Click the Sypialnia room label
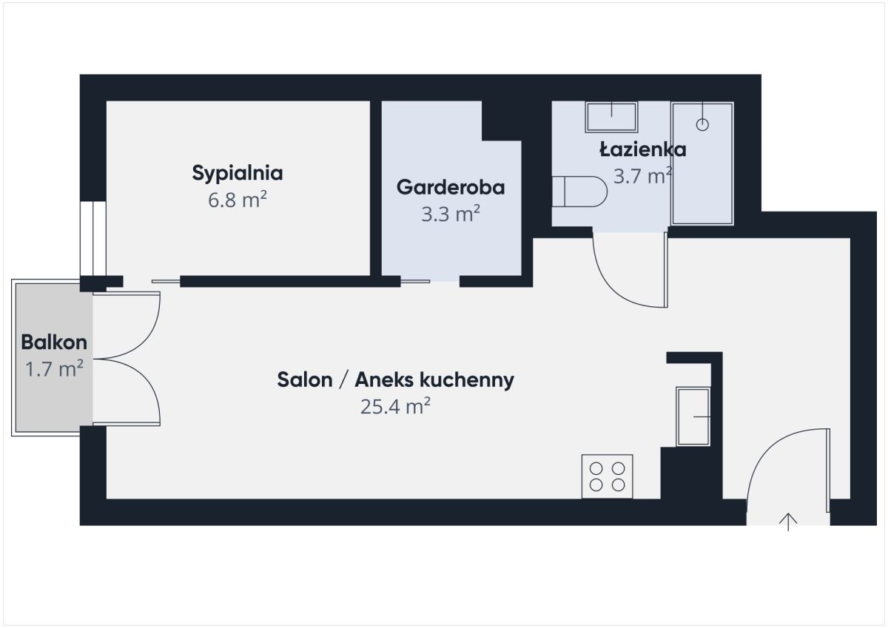238,173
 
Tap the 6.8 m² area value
237,199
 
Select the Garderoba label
451,187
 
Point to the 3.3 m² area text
451,214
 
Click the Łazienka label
642,149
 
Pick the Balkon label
54,342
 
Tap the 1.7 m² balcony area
54,368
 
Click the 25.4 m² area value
395,406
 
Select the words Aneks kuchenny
434,379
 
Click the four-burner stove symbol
607,476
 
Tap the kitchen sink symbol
693,416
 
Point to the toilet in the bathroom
579,192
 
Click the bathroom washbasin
611,117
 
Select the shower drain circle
702,125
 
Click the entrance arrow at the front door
788,521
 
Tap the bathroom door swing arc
614,286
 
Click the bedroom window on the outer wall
93,238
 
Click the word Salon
305,379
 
